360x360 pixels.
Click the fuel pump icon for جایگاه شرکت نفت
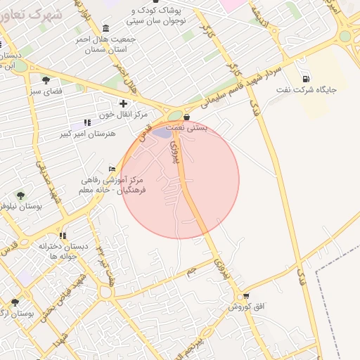306,79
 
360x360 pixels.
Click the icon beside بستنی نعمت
187,117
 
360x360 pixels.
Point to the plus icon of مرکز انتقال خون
123,104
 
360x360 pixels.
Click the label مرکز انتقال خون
123,115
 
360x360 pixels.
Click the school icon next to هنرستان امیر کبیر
87,122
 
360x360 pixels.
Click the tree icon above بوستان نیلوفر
20,195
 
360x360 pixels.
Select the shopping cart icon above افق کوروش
245,296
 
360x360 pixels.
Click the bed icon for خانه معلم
112,169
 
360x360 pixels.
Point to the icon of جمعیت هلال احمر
105,28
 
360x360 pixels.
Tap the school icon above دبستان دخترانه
63,236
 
